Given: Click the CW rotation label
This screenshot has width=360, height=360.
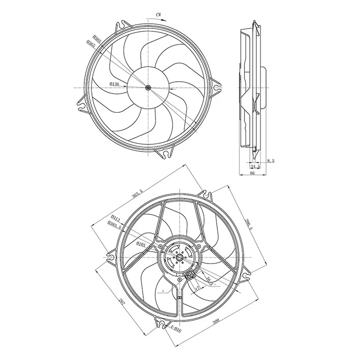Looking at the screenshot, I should click(161, 16).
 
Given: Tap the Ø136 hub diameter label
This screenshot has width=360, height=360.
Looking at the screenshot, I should click(114, 84).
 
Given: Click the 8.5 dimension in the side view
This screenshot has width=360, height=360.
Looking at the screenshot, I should click(270, 160).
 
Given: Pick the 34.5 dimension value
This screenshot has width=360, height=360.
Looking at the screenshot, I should click(255, 166).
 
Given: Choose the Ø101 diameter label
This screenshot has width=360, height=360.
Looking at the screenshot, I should click(141, 245).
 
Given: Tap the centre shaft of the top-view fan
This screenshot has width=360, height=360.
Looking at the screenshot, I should click(148, 88).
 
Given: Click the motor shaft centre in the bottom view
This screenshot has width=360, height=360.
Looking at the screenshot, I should click(179, 259).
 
